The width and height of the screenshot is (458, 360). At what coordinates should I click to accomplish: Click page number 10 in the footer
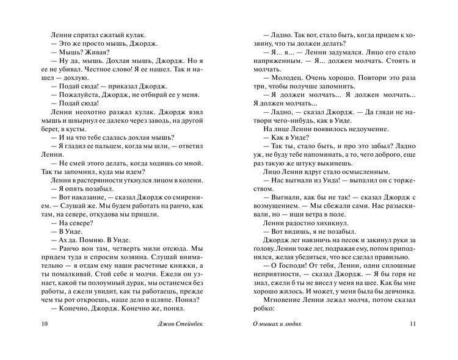coord(42,340)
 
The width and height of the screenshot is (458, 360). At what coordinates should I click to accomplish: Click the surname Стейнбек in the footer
coord(189,340)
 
